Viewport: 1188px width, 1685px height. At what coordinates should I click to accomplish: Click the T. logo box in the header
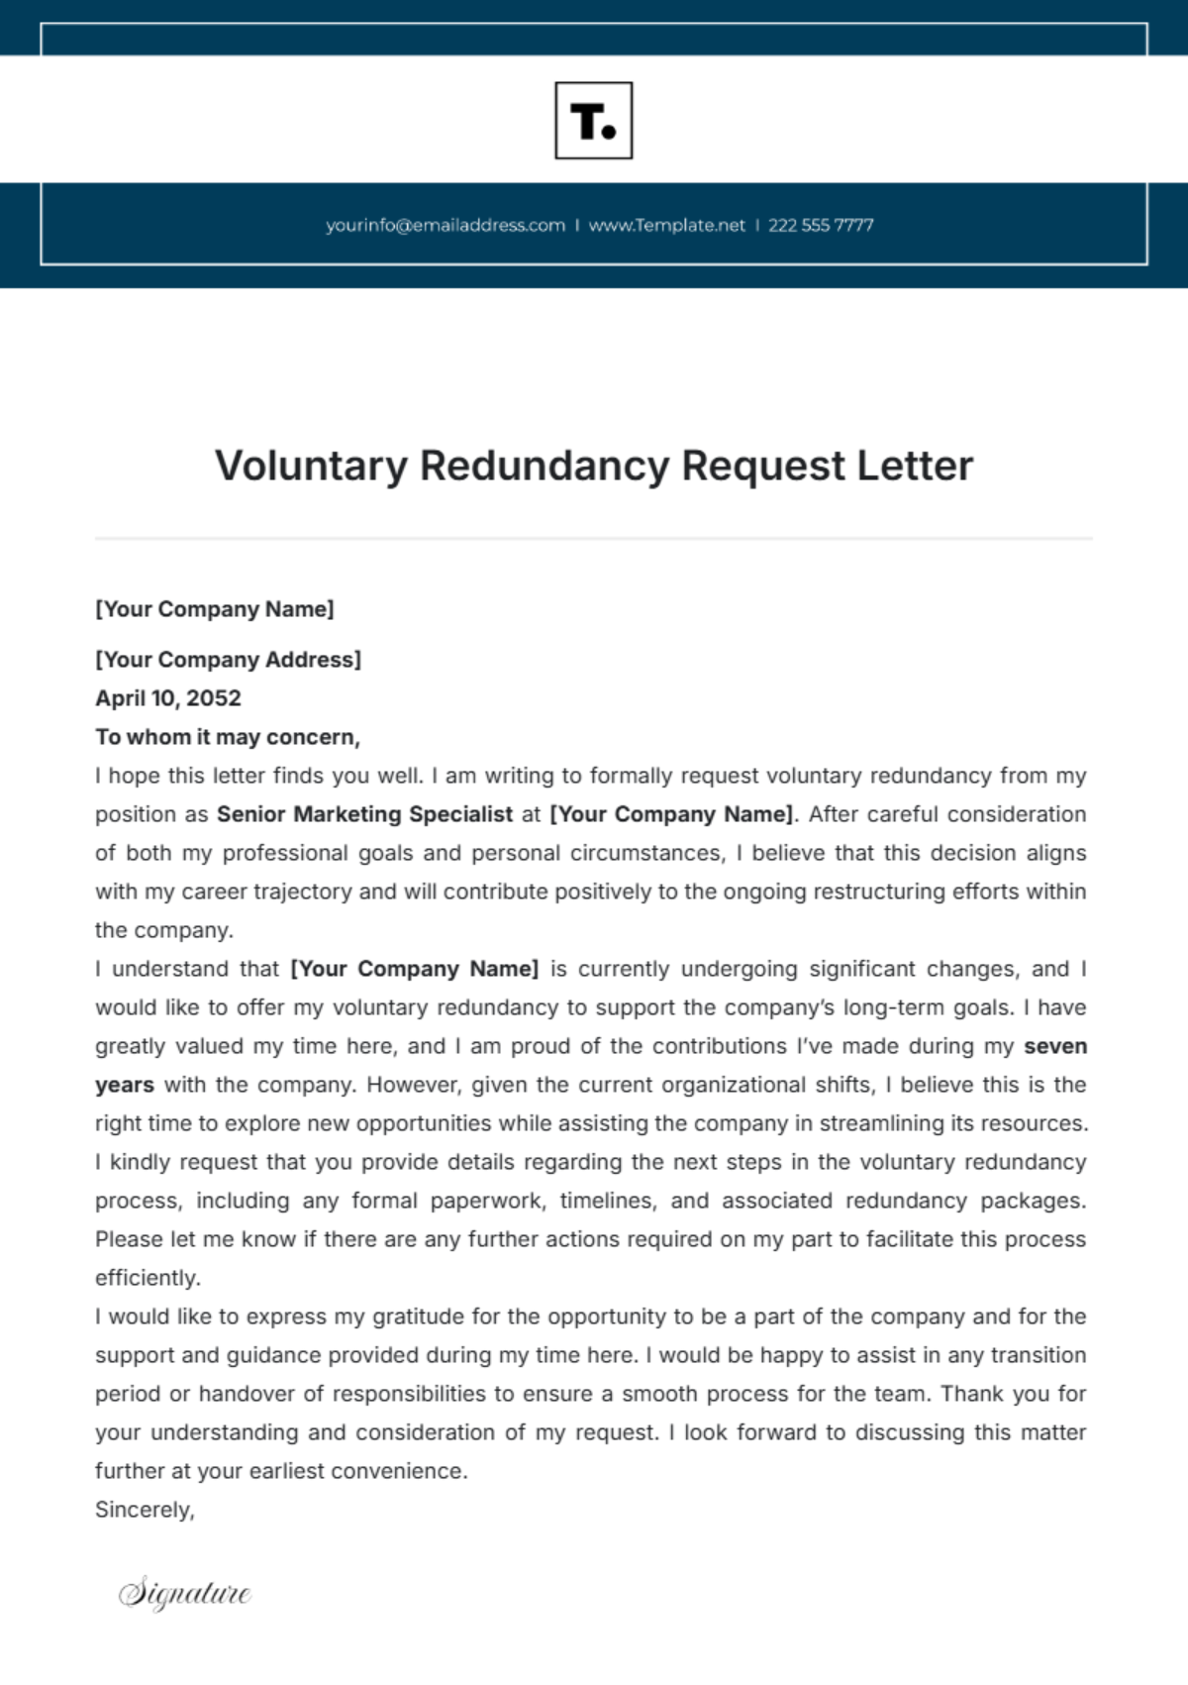point(593,121)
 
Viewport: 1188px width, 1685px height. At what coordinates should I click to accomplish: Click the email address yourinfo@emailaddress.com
point(445,225)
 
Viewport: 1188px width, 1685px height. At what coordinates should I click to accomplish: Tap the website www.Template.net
point(666,225)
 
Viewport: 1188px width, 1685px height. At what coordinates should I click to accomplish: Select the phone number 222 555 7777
point(821,225)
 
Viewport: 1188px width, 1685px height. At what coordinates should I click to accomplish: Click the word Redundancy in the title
point(544,466)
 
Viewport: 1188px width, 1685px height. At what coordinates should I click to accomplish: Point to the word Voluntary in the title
point(311,466)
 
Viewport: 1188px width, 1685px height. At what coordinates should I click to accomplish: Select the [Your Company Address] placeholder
point(228,660)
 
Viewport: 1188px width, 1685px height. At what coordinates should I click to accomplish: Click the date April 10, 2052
point(168,698)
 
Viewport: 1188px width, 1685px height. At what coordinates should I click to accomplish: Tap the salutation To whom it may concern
point(228,737)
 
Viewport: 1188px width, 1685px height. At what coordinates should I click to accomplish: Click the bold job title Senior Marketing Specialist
point(364,814)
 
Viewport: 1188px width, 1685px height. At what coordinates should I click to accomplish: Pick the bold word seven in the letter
point(1055,1046)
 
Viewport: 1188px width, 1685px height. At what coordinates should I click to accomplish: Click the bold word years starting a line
point(125,1085)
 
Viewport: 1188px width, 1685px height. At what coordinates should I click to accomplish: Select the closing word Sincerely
point(145,1510)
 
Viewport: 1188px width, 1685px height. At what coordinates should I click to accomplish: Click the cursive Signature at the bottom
point(185,1593)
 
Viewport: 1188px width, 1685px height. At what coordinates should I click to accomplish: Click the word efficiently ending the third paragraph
point(148,1278)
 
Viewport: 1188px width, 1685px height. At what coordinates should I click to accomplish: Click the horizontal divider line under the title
point(594,539)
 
